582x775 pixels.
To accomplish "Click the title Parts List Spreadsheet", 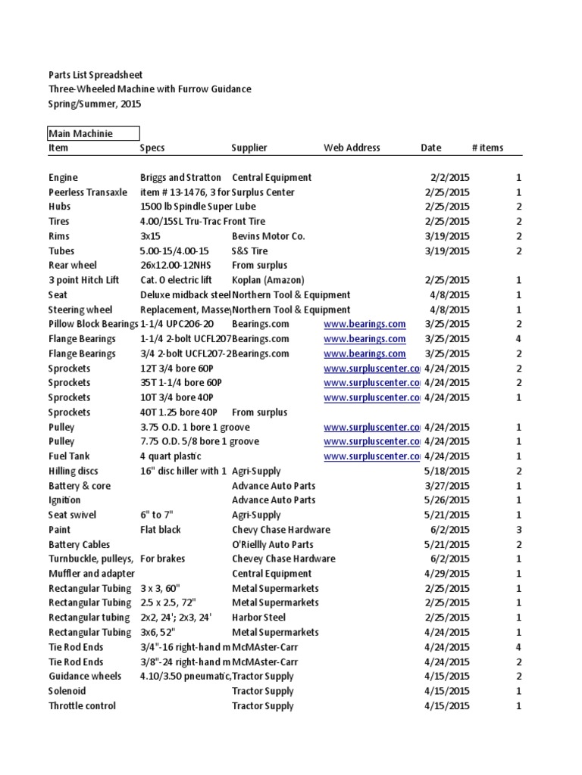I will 95,75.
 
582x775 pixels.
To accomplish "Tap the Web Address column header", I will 352,148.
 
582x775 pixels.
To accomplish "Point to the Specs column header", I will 152,148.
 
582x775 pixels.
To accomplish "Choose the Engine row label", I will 64,177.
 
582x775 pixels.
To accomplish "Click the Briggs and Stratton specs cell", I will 180,177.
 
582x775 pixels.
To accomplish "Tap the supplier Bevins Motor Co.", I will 268,236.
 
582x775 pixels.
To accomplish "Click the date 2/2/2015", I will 449,177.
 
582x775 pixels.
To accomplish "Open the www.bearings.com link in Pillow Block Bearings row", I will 365,324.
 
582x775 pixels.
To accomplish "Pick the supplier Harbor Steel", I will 259,618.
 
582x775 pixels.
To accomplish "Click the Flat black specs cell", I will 161,530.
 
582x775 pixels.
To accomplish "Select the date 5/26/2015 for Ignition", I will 447,500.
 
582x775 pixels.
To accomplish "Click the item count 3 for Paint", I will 518,530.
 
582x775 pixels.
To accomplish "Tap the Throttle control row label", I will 82,706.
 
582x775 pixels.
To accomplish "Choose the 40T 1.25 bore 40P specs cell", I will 179,412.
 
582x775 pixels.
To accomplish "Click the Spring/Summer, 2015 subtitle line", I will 95,104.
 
